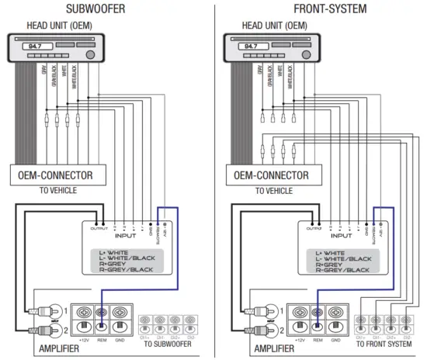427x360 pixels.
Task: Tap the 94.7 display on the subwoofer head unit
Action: tap(33, 47)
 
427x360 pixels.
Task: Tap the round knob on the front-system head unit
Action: tap(305, 56)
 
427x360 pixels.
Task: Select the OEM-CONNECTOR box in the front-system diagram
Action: tap(268, 176)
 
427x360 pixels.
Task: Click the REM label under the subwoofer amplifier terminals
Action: tap(102, 338)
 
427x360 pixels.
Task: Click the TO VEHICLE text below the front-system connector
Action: tap(268, 190)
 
